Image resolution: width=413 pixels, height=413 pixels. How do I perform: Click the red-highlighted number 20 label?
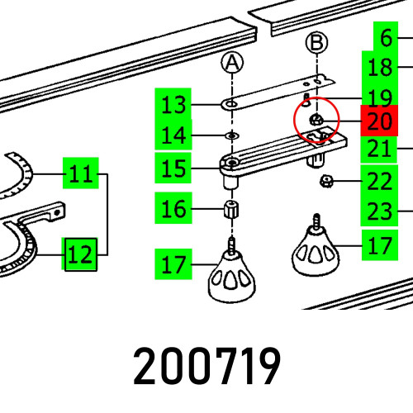(379, 121)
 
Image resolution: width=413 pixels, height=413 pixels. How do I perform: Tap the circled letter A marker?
(232, 63)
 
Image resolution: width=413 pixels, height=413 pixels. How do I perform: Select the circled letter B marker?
(316, 43)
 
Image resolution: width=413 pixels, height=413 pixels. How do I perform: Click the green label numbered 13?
(173, 105)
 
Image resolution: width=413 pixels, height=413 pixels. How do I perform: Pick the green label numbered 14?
(173, 135)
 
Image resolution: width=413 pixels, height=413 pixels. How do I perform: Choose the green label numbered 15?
(173, 168)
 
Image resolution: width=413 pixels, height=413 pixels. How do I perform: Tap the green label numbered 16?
(173, 208)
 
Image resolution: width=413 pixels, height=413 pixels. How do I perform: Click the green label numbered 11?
(81, 173)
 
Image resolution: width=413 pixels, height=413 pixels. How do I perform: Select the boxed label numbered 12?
(81, 254)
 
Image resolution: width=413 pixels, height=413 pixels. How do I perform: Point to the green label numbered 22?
(379, 181)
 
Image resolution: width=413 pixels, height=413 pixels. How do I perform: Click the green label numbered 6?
(386, 37)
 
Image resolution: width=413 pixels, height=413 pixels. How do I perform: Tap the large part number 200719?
(207, 366)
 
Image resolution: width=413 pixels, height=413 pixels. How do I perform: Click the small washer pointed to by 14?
(232, 135)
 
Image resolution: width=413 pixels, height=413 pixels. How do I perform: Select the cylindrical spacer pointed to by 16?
(231, 210)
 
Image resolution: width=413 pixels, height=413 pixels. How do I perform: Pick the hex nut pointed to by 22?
(326, 181)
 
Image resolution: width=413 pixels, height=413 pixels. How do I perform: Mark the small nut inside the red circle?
(316, 120)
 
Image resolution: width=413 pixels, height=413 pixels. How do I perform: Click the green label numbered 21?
(379, 150)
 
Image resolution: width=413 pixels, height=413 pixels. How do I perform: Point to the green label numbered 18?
(380, 67)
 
